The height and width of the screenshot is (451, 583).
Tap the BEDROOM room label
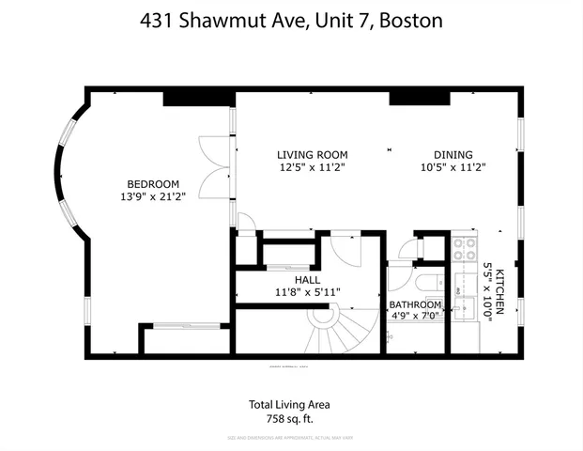(153, 183)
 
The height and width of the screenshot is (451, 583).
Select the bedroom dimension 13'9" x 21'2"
(153, 196)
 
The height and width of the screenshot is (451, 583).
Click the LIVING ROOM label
(312, 155)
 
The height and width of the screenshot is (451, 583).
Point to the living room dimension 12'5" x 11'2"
(312, 168)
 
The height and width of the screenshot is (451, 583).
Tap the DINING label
(453, 155)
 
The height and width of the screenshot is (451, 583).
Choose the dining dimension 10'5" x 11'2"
(453, 168)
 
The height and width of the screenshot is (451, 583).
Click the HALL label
(307, 280)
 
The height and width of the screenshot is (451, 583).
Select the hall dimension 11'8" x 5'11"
(307, 292)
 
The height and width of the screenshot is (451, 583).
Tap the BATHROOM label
(415, 304)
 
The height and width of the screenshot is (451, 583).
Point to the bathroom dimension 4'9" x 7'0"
(415, 316)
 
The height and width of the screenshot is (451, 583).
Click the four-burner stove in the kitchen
(464, 248)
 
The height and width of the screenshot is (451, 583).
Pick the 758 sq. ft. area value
(289, 419)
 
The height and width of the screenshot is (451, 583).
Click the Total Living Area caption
(289, 405)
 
